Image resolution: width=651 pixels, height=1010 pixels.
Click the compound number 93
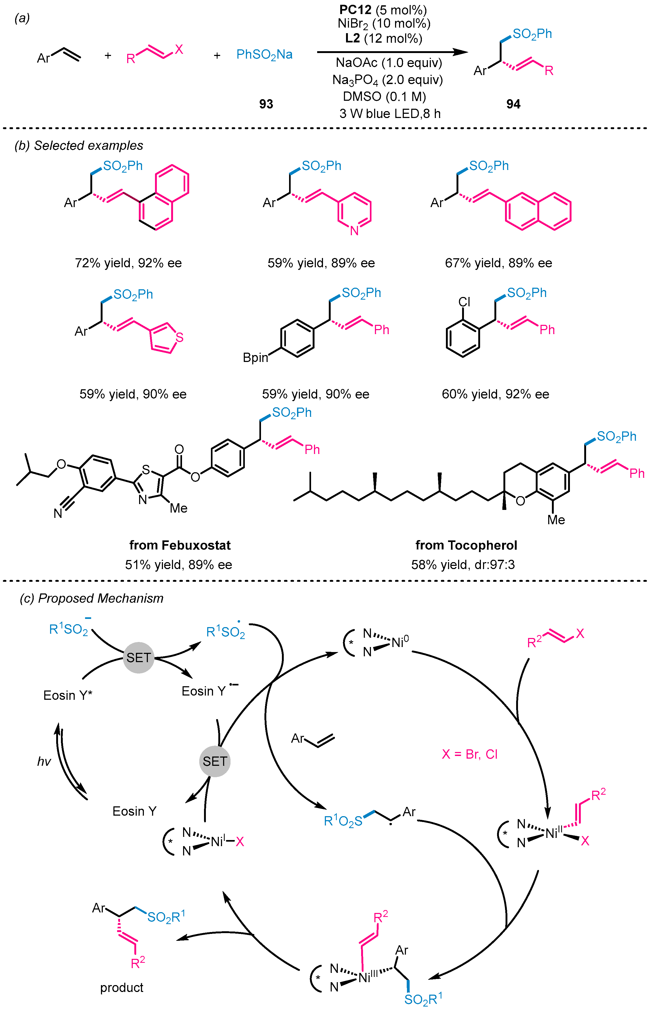(x=266, y=104)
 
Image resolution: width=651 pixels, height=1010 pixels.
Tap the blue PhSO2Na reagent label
(x=264, y=55)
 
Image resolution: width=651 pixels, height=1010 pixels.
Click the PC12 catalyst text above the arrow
(x=355, y=9)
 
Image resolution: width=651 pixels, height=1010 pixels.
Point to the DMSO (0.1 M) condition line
(x=384, y=97)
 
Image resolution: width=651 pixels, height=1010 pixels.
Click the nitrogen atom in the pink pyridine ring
(x=354, y=230)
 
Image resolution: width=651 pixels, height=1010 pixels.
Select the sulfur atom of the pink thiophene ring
(x=180, y=337)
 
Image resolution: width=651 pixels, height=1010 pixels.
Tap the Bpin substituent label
(x=255, y=357)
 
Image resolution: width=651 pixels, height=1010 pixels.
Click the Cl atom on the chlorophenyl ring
(x=464, y=301)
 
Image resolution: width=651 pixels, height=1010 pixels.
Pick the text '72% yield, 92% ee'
(x=128, y=263)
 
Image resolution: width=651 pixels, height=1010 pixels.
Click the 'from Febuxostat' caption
(x=180, y=545)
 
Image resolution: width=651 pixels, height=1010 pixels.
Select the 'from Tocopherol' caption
(x=466, y=545)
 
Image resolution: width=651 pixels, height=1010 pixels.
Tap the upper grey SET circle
(x=139, y=658)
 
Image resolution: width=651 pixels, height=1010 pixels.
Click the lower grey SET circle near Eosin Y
(x=215, y=761)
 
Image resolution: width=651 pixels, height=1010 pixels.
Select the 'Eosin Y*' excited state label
(x=68, y=695)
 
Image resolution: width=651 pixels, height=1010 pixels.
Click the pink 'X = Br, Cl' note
(x=469, y=754)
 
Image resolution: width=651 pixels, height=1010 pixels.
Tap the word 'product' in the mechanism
(x=122, y=987)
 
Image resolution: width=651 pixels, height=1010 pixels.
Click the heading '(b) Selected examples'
(x=79, y=146)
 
